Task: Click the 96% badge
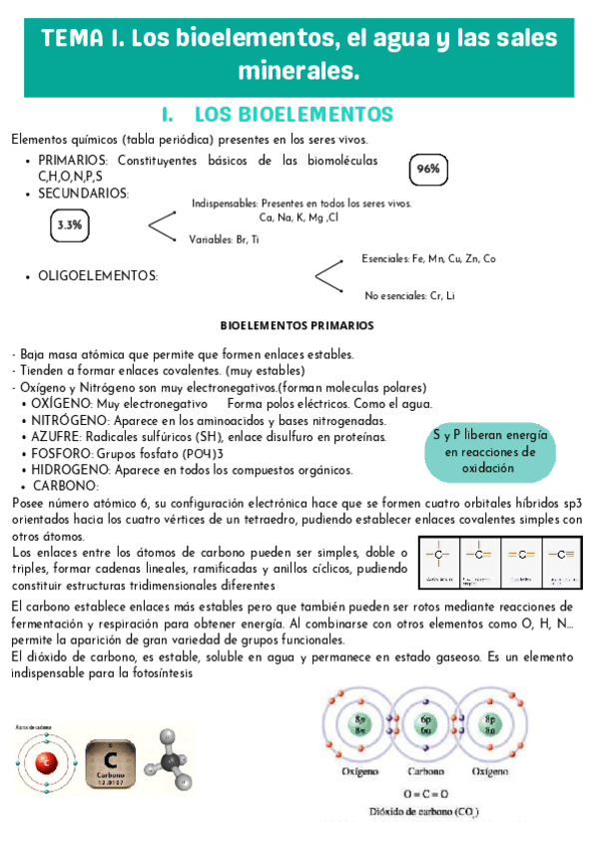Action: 429,170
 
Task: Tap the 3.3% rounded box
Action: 70,225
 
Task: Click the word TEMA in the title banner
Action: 73,40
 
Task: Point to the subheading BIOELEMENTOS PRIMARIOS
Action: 297,325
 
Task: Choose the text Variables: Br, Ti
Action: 224,239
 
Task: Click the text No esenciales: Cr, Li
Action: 409,295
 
